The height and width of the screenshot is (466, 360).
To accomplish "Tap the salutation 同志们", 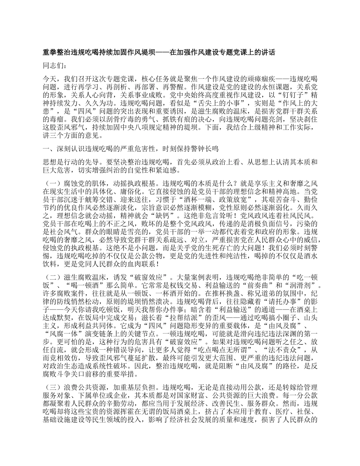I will click(53, 66).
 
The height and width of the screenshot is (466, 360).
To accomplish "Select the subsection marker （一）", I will click(51, 183).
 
